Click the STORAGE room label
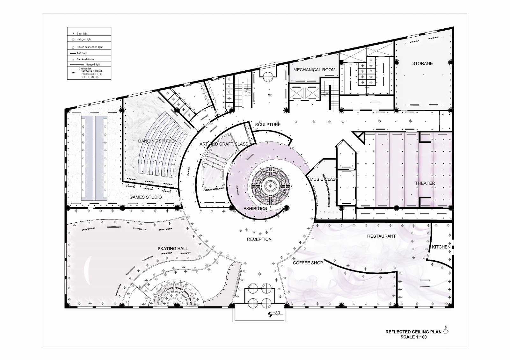[x=422, y=63]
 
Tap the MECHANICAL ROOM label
[x=314, y=70]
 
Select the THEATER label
[x=425, y=183]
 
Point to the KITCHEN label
[x=441, y=247]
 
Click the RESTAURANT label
[x=381, y=236]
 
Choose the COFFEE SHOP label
[x=308, y=263]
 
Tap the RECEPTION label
[x=259, y=239]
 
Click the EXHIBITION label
[x=255, y=209]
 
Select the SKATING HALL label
[x=172, y=248]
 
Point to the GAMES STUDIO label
[x=145, y=197]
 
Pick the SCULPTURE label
[x=268, y=125]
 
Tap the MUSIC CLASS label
[x=324, y=179]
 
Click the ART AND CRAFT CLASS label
[x=224, y=144]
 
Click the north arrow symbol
[x=446, y=331]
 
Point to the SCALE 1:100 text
[x=413, y=337]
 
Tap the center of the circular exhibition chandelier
[x=270, y=185]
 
